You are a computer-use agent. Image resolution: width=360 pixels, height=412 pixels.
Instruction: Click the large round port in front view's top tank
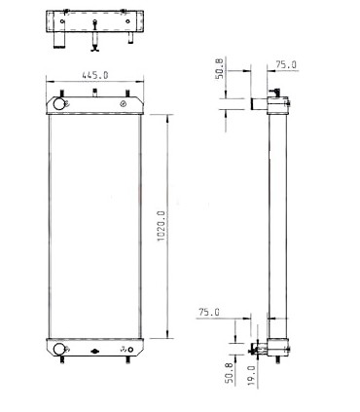59,103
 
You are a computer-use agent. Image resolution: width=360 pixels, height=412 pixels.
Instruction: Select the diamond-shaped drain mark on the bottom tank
94,352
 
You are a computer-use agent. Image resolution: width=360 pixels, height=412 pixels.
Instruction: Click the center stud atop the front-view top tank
94,94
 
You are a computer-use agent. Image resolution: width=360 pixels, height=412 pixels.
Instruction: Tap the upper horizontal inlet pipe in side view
260,102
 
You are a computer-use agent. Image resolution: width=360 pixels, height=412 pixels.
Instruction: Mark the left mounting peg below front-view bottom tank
60,365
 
